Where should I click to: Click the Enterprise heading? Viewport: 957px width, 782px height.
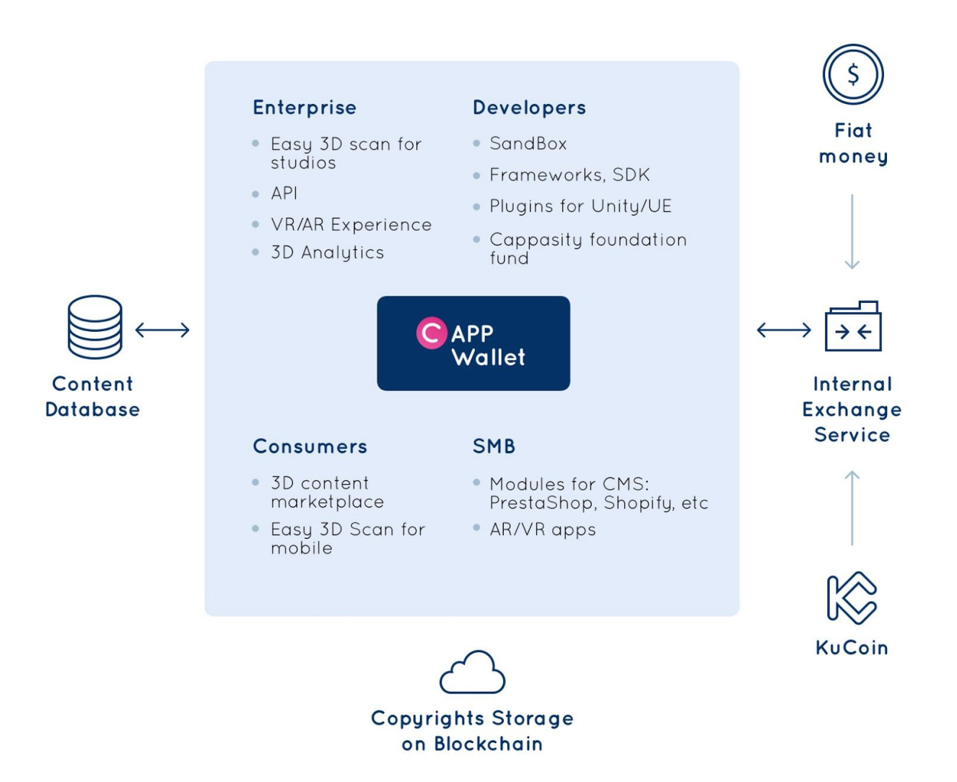pyautogui.click(x=305, y=108)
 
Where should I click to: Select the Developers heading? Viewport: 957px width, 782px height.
pyautogui.click(x=529, y=108)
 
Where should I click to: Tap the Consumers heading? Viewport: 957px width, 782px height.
pyautogui.click(x=310, y=447)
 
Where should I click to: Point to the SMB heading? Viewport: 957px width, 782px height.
pyautogui.click(x=494, y=447)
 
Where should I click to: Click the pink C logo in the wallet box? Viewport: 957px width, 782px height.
pyautogui.click(x=432, y=333)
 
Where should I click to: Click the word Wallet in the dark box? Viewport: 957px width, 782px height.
pyautogui.click(x=489, y=357)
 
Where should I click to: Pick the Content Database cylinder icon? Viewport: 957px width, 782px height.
pyautogui.click(x=95, y=327)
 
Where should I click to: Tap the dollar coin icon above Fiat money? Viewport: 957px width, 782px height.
pyautogui.click(x=853, y=74)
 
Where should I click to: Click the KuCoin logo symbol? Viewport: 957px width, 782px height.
pyautogui.click(x=852, y=598)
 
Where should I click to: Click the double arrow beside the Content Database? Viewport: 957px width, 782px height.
pyautogui.click(x=162, y=330)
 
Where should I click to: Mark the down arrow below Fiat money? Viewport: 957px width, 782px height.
pyautogui.click(x=852, y=232)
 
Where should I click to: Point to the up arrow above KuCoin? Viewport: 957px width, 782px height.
pyautogui.click(x=852, y=508)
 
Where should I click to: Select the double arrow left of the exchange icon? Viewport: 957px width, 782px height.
pyautogui.click(x=784, y=330)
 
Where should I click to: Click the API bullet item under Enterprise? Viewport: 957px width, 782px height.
pyautogui.click(x=284, y=193)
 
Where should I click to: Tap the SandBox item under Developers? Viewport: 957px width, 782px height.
pyautogui.click(x=528, y=144)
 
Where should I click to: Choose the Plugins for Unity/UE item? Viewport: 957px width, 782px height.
pyautogui.click(x=580, y=206)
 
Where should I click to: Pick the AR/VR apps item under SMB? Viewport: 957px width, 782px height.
pyautogui.click(x=543, y=530)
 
